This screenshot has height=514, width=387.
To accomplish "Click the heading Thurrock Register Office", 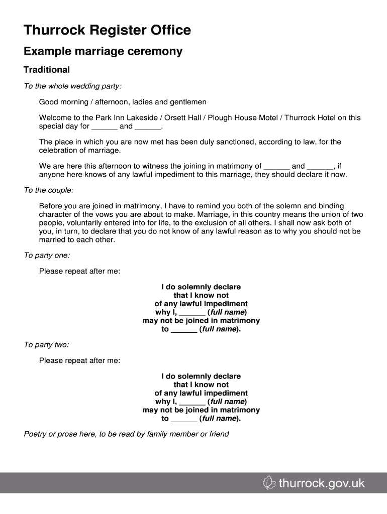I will click(108, 31).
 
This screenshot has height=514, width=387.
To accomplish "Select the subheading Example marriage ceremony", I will click(103, 52).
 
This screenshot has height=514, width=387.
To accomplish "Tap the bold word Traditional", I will click(47, 70).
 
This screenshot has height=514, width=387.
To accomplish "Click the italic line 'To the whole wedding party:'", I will click(73, 86).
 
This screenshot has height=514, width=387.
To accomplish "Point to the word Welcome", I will click(55, 118).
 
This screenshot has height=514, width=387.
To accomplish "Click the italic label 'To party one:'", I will click(47, 255).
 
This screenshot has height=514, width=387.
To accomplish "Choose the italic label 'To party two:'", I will click(47, 345).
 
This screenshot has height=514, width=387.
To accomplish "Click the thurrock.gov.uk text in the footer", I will click(322, 484).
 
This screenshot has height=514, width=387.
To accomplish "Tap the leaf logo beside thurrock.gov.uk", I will click(270, 483).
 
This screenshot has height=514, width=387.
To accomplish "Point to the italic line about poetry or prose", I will click(126, 434).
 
